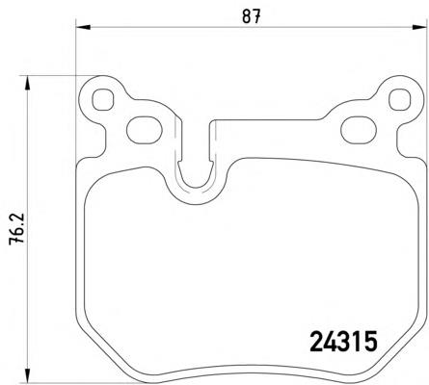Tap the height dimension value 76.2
tap(15, 229)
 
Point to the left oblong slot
tap(144, 127)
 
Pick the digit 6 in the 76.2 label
tap(15, 237)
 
